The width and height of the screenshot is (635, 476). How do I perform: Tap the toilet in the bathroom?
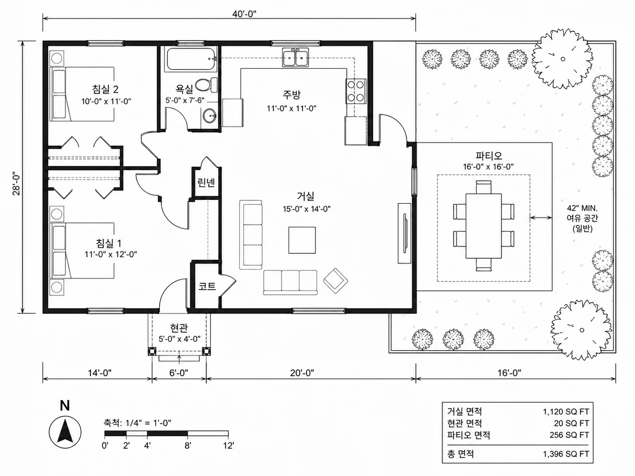[x=206, y=85]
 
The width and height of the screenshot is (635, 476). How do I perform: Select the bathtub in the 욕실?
[x=190, y=59]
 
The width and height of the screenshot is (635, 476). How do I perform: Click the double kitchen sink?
[x=296, y=57]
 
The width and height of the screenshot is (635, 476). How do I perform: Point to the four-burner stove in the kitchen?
[x=356, y=91]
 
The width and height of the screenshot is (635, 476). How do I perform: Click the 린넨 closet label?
[x=206, y=182]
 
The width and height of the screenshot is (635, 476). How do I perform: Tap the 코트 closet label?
[x=207, y=286]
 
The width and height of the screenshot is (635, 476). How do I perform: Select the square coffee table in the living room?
[x=302, y=240]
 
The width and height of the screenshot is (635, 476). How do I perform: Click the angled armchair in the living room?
[x=335, y=281]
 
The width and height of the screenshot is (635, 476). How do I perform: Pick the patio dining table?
[x=483, y=226]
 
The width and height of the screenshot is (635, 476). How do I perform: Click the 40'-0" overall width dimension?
[x=244, y=14]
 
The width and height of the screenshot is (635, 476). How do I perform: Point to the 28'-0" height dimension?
[x=17, y=184]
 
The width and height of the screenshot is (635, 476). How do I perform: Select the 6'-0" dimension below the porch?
[x=179, y=373]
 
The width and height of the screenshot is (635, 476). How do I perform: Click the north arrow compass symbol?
[x=65, y=432]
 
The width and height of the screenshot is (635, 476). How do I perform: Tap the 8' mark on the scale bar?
[x=188, y=446]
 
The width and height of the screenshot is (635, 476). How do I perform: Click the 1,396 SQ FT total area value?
[x=566, y=454]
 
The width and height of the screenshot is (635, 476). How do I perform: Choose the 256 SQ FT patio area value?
[x=569, y=435]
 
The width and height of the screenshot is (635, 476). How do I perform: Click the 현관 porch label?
[x=179, y=328]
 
